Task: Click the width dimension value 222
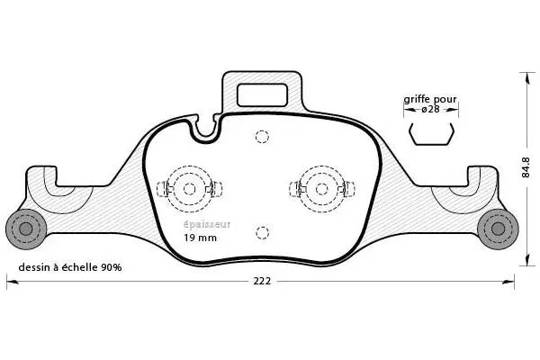pyautogui.click(x=261, y=281)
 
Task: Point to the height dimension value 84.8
pyautogui.click(x=526, y=167)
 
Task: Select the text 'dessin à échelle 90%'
pyautogui.click(x=69, y=268)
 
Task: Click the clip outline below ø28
pyautogui.click(x=431, y=134)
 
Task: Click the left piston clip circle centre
pyautogui.click(x=189, y=189)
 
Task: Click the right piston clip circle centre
pyautogui.click(x=319, y=189)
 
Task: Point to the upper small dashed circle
pyautogui.click(x=262, y=137)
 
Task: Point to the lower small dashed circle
pyautogui.click(x=262, y=232)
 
